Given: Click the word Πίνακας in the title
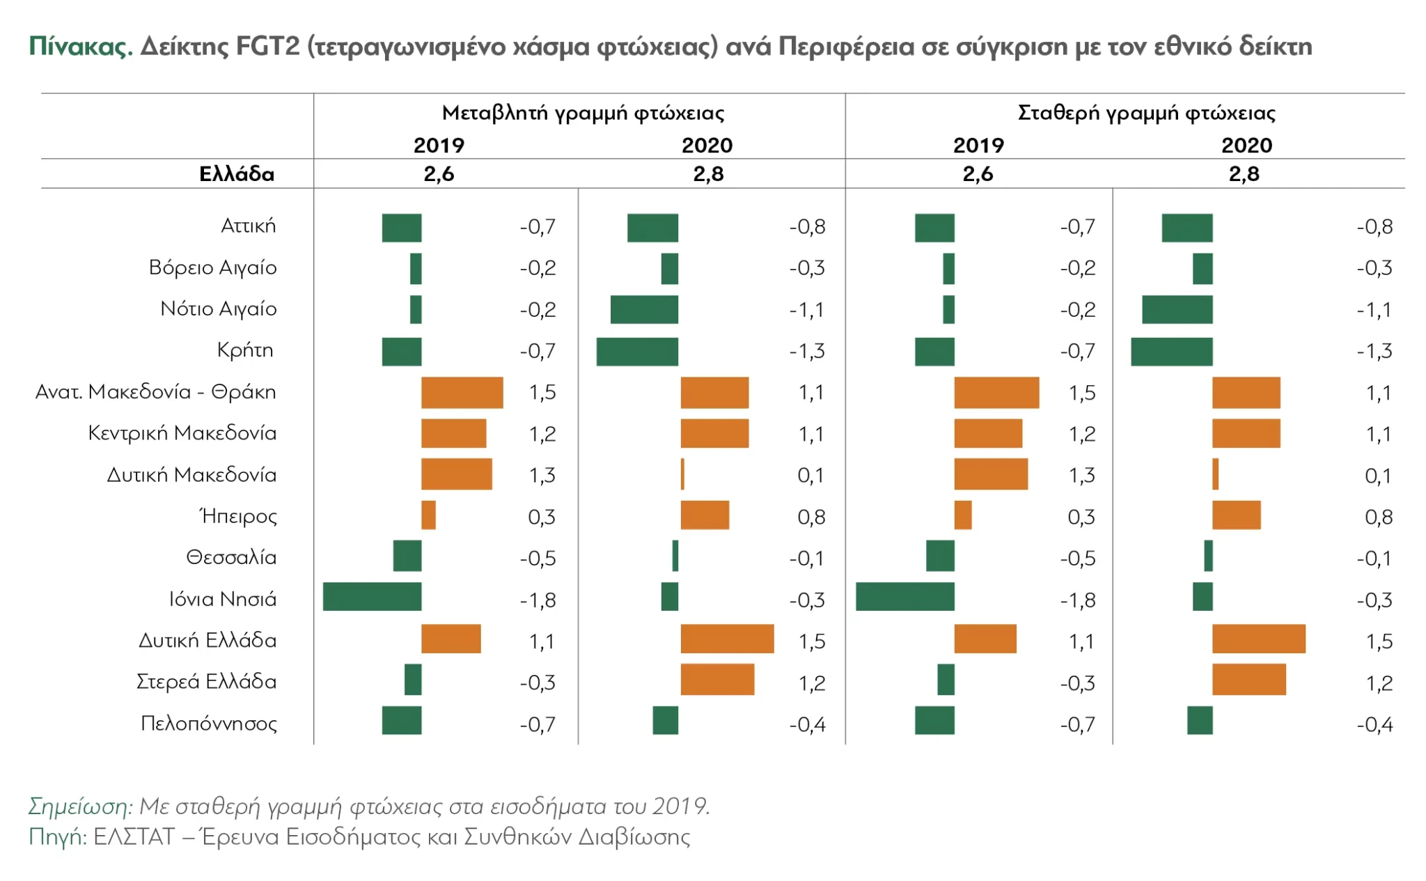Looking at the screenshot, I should tap(80, 47).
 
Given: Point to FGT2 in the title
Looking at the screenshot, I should tap(267, 47).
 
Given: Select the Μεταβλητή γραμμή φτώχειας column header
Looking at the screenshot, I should tap(583, 113).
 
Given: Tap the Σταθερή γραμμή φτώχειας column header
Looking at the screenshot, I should tap(1146, 113).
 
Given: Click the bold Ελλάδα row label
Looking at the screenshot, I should tap(237, 174).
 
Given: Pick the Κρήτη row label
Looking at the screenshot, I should tap(245, 350).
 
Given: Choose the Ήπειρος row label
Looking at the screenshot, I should tap(238, 516).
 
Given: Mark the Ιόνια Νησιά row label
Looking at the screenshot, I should tap(223, 599).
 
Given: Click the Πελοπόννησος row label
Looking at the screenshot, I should tap(209, 724).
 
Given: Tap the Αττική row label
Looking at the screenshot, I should tap(248, 226).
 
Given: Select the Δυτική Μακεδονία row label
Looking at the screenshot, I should tap(191, 475).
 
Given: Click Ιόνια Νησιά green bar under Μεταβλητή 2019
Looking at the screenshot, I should tap(372, 598).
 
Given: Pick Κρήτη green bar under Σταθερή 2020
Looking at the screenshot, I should tap(1171, 352).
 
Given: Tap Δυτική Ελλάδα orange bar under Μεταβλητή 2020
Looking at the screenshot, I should tap(727, 639).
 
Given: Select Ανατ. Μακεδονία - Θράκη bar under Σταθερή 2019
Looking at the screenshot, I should tap(996, 393).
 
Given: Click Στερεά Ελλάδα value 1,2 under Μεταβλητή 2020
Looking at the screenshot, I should tap(812, 683).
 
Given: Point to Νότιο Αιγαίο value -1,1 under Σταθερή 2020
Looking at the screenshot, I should tap(1374, 310).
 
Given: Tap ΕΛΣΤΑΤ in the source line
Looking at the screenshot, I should tap(134, 837).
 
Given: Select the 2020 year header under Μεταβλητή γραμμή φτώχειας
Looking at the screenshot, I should tap(707, 146).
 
